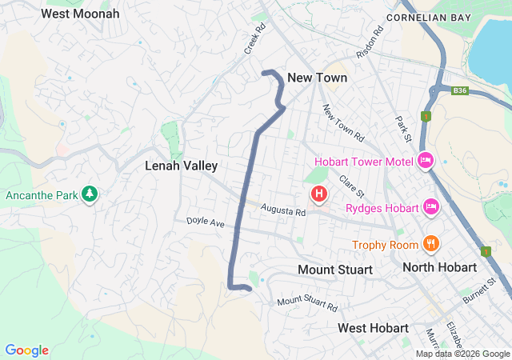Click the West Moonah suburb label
[x=80, y=14]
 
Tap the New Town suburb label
[x=317, y=78]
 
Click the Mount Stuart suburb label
[x=334, y=270]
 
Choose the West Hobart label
[x=373, y=328]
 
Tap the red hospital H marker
[x=319, y=194]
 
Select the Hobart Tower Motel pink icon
[x=426, y=161]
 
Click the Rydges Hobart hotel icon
[x=431, y=208]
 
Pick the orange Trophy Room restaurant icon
[x=430, y=244]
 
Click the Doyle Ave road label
[x=206, y=222]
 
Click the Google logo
[x=27, y=350]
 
